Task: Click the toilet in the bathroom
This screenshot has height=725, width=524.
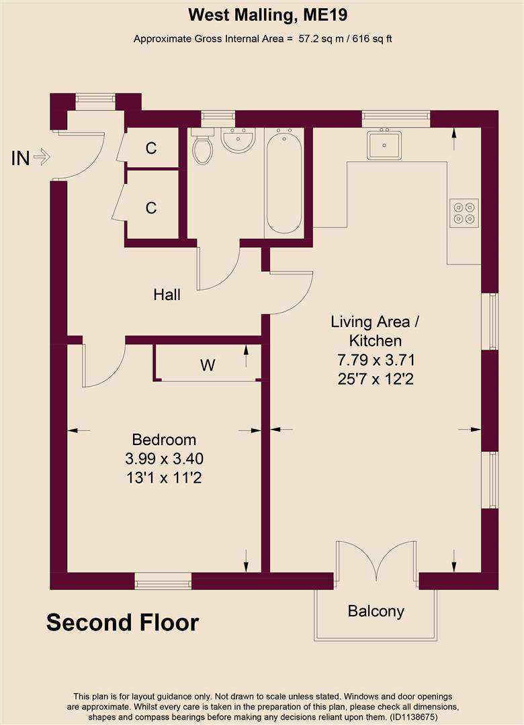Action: point(202,148)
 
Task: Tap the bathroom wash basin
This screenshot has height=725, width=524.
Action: point(238,140)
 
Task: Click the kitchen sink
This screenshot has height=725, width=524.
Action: point(384,144)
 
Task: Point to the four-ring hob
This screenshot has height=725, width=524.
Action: point(464,213)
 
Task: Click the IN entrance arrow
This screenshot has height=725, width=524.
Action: point(41,158)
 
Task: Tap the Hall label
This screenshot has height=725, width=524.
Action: point(167,295)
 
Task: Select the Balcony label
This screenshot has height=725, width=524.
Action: point(376,611)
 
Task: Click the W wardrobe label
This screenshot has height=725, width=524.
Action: point(208,365)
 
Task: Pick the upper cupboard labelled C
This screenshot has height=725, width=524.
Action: point(151,148)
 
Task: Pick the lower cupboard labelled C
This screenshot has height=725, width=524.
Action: point(151,208)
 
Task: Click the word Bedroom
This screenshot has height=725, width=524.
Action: point(164,440)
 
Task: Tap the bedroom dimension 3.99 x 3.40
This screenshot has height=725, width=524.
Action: point(164,459)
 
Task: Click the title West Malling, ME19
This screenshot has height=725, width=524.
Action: point(262,14)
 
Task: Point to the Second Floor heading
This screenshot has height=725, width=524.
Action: point(122,622)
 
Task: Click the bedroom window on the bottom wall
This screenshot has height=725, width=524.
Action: point(163,581)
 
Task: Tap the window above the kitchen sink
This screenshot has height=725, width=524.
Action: point(396,118)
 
